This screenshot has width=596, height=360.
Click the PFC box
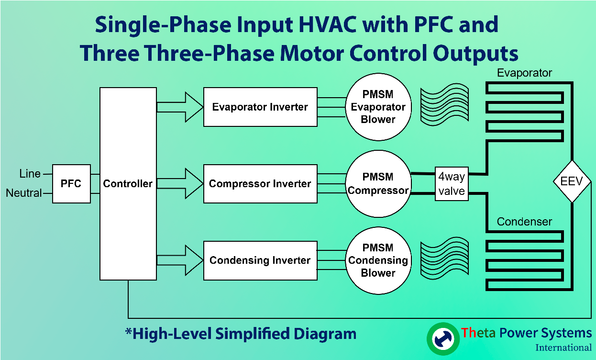71,184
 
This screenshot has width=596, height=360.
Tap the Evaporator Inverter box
260,107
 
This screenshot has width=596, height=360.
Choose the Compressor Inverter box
260,184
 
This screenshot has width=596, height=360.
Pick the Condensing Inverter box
260,260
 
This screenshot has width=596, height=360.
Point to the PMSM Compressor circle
378,184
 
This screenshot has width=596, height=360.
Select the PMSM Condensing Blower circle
378,260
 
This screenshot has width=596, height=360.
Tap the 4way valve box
452,184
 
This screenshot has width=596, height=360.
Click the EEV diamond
572,182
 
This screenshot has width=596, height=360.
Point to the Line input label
30,173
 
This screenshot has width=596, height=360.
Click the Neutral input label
24,193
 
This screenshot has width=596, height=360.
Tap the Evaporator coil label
524,73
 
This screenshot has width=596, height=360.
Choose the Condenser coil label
524,222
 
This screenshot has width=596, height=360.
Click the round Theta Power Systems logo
442,338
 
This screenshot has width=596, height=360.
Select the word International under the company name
563,348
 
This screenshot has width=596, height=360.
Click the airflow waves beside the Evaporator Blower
444,106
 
